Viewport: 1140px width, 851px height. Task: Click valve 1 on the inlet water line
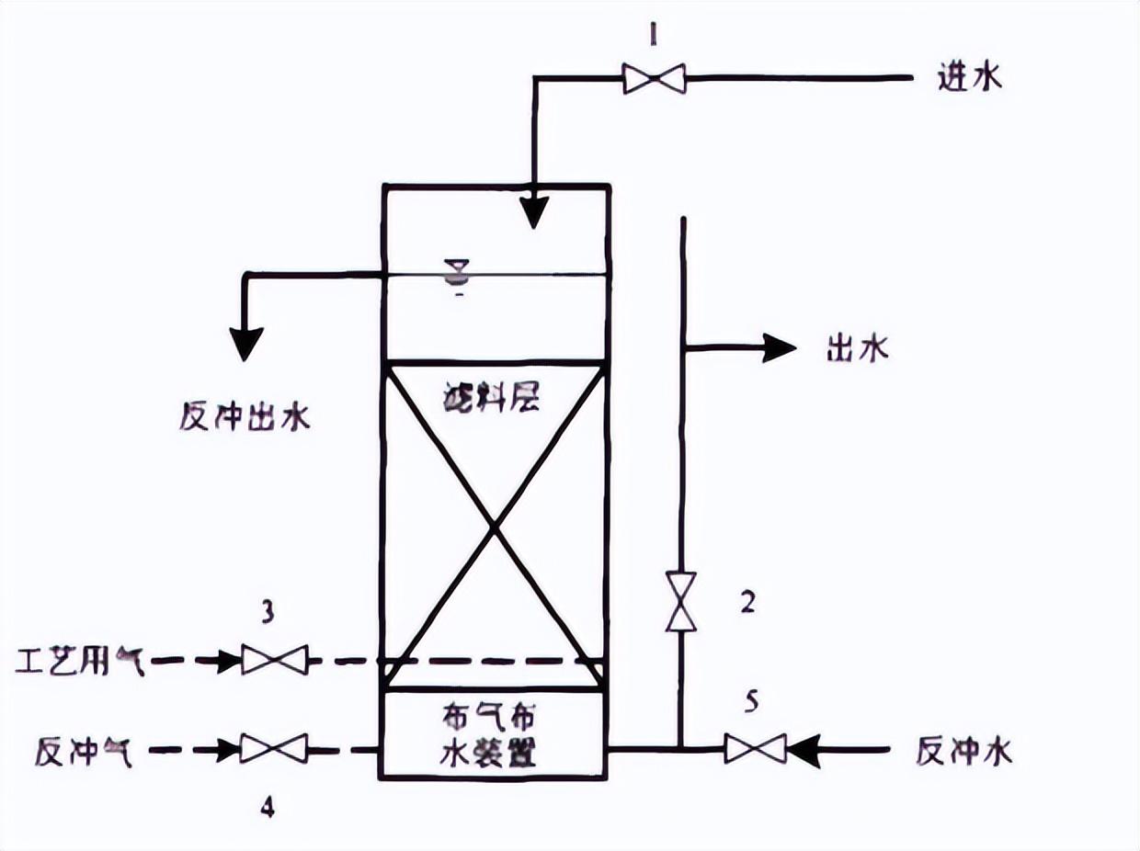pyautogui.click(x=654, y=78)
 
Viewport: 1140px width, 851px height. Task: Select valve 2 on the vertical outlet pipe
pyautogui.click(x=681, y=601)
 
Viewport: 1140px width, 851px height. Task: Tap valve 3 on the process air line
pyautogui.click(x=275, y=660)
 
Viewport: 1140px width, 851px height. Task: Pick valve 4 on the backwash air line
pyautogui.click(x=273, y=749)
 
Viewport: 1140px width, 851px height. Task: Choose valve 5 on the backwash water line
pyautogui.click(x=755, y=749)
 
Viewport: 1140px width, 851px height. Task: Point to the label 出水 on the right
pyautogui.click(x=857, y=349)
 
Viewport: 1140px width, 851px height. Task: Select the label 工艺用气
pyautogui.click(x=80, y=660)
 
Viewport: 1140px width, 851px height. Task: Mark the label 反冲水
pyautogui.click(x=963, y=752)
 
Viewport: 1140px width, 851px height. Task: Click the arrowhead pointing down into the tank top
pyautogui.click(x=532, y=213)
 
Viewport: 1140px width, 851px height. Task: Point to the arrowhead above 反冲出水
pyautogui.click(x=245, y=342)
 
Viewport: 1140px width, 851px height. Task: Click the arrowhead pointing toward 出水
pyautogui.click(x=780, y=347)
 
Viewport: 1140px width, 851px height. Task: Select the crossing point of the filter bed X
pyautogui.click(x=495, y=527)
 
